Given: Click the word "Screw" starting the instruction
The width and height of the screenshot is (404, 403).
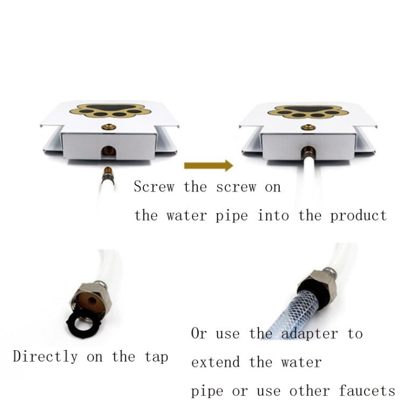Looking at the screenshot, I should [155, 187].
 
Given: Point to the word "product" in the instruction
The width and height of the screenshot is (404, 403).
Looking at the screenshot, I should [358, 216].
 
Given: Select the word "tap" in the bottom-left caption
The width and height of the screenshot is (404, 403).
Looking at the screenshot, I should [156, 357].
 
